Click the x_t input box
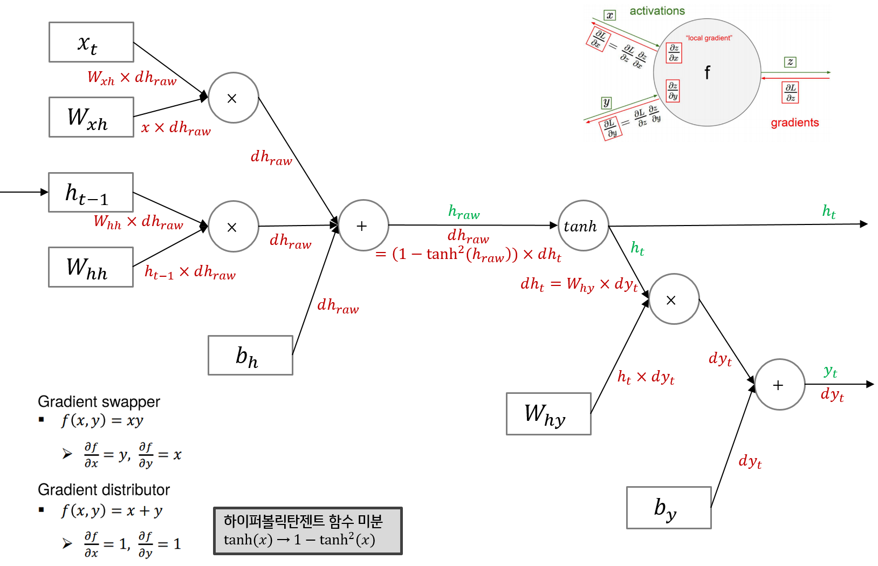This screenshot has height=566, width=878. [91, 42]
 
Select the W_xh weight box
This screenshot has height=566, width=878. [91, 117]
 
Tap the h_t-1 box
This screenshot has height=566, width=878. [91, 193]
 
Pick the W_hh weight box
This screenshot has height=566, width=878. [91, 267]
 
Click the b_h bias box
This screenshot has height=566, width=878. [250, 355]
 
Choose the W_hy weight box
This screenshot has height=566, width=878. [548, 414]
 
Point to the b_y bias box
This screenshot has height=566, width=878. [669, 508]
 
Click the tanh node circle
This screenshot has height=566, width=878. [583, 226]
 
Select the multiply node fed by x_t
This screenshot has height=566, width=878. [233, 98]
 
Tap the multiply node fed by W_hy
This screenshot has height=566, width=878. [674, 299]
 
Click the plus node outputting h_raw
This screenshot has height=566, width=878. [363, 226]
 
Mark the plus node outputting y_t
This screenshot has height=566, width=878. [779, 385]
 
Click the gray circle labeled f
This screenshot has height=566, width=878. [706, 72]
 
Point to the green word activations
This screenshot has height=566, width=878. [657, 11]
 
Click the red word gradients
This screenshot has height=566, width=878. [794, 122]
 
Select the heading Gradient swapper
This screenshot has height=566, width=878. [99, 401]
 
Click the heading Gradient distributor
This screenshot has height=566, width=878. [104, 489]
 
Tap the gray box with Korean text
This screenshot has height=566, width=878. [307, 530]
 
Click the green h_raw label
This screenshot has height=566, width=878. [464, 212]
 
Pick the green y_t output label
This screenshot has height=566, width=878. [830, 371]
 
